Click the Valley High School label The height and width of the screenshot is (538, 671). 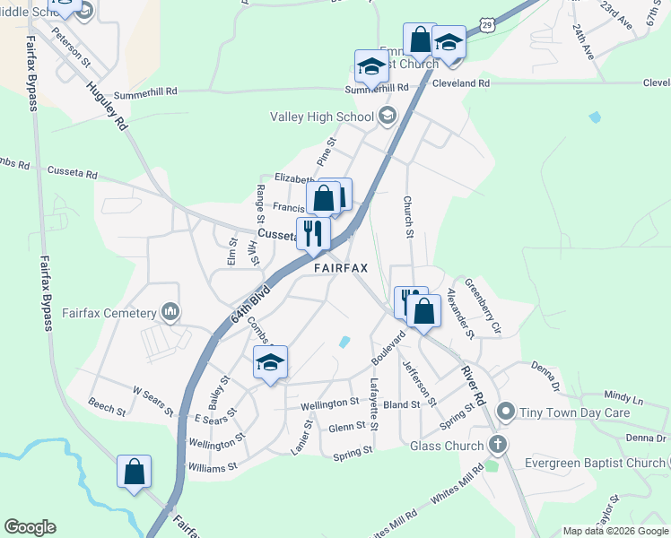pyautogui.click(x=322, y=117)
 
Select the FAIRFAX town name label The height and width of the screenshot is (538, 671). pyautogui.click(x=341, y=268)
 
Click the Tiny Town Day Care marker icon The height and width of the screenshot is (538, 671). pyautogui.click(x=506, y=412)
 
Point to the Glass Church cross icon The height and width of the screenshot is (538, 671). pyautogui.click(x=499, y=445)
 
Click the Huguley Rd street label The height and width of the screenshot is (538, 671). pyautogui.click(x=107, y=108)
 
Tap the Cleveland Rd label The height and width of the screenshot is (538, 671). pyautogui.click(x=460, y=83)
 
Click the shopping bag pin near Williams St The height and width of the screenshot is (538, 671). pyautogui.click(x=134, y=472)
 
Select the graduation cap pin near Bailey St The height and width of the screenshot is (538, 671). pyautogui.click(x=270, y=362)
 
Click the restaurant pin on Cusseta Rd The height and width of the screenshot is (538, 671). pyautogui.click(x=314, y=233)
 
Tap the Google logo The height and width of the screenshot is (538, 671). pyautogui.click(x=30, y=527)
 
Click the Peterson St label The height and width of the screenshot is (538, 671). pyautogui.click(x=72, y=49)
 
